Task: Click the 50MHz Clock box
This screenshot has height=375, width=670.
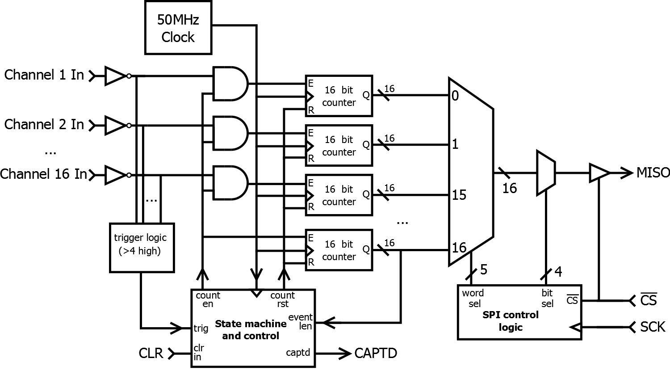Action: pos(178,28)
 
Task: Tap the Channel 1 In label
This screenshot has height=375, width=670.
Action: pos(44,75)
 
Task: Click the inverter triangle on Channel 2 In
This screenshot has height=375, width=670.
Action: pos(115,126)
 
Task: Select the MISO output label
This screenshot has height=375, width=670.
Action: pos(653,173)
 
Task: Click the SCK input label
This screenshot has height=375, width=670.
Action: pos(652,327)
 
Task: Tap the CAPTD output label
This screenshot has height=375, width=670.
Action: pos(376,353)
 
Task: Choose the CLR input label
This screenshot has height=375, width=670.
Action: pos(151,354)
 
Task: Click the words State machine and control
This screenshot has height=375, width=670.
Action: pos(251,329)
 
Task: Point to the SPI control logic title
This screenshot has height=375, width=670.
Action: pos(511,321)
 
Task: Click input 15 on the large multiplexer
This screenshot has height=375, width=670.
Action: pos(459,195)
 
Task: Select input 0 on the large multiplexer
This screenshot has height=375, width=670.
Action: pos(455,96)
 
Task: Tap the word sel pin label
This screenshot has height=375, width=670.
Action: pos(473,298)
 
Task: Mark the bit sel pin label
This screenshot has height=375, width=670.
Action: pos(547,298)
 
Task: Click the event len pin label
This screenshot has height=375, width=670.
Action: pos(301,322)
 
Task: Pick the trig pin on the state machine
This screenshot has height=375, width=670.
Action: pos(201,329)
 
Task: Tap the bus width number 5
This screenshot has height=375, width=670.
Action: pos(483,270)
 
